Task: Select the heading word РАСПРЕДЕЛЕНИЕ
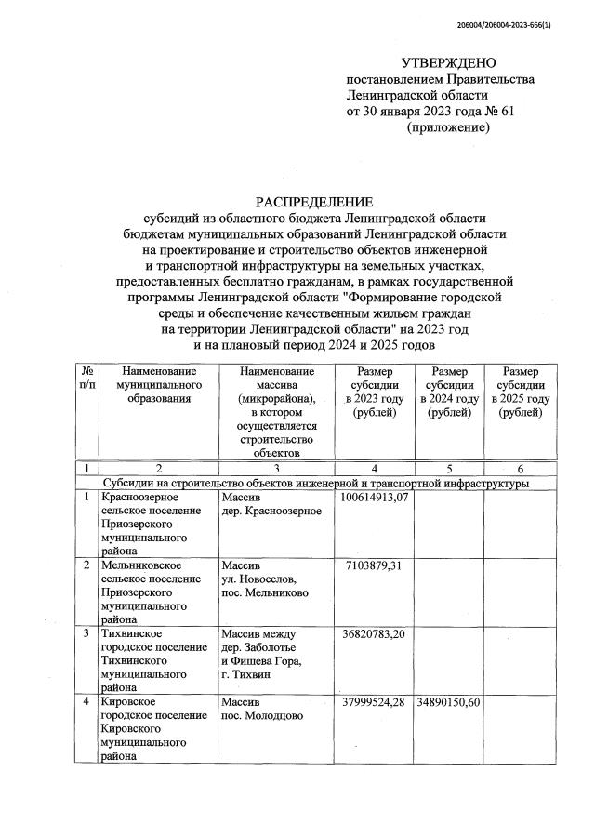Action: [x=315, y=202]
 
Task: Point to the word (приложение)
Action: [x=448, y=126]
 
